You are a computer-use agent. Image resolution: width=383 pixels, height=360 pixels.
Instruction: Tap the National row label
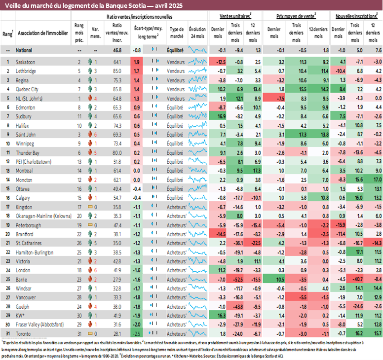[x=25, y=50]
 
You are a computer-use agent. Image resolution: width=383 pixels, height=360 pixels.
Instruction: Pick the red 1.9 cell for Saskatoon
[x=136, y=62]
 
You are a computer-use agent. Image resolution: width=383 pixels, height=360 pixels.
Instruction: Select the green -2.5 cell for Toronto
[x=136, y=334]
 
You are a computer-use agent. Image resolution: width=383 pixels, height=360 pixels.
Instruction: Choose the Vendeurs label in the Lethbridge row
[x=176, y=71]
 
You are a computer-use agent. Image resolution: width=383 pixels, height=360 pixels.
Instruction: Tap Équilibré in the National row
[x=176, y=50]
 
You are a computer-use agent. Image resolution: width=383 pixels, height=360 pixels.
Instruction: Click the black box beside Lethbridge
[x=8, y=71]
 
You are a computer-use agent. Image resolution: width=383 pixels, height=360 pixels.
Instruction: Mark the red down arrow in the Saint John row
[x=90, y=135]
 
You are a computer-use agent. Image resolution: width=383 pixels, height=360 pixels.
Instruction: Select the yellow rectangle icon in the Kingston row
[x=90, y=207]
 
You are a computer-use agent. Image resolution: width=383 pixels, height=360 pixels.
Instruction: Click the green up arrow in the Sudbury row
[x=90, y=116]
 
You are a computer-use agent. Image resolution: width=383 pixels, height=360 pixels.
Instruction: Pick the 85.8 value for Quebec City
[x=117, y=89]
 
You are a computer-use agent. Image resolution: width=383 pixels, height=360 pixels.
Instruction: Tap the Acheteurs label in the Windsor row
[x=176, y=288]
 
